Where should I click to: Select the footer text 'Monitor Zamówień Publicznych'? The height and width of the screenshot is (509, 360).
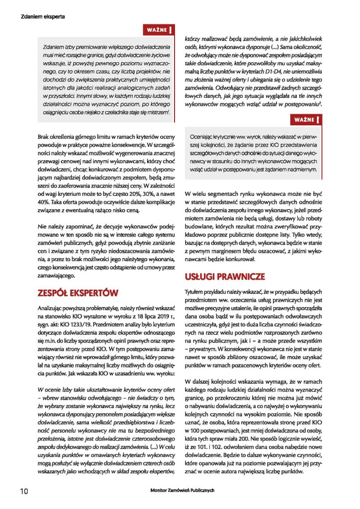182,490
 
